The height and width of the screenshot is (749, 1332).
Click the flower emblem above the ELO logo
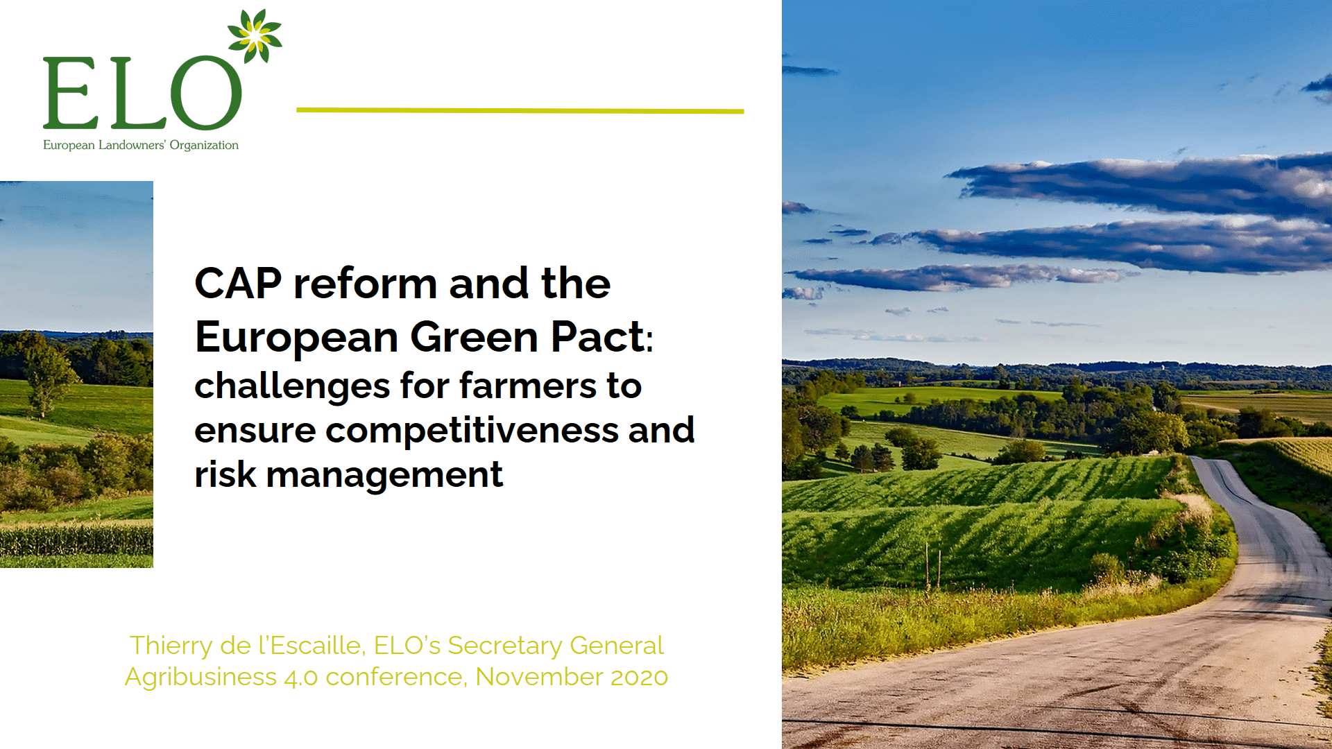click(x=255, y=35)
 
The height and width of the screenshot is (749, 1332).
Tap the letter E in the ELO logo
click(x=70, y=92)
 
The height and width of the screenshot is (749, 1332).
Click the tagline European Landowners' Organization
click(x=141, y=145)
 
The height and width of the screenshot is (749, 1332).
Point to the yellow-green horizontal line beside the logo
click(x=520, y=110)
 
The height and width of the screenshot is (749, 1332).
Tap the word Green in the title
click(x=474, y=337)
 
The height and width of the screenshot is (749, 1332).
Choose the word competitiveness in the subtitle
click(x=472, y=431)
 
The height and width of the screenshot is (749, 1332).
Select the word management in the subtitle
click(x=384, y=476)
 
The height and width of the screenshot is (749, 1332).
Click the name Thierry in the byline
click(x=171, y=646)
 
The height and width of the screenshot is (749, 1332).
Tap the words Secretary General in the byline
click(x=556, y=646)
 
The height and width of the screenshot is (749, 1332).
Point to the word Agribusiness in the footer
click(x=200, y=677)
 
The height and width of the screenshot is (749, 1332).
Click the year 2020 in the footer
click(x=639, y=677)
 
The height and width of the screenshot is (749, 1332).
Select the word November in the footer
click(x=539, y=677)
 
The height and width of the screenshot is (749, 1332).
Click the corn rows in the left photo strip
click(x=76, y=540)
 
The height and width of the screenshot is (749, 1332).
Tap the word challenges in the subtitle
click(x=292, y=386)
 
